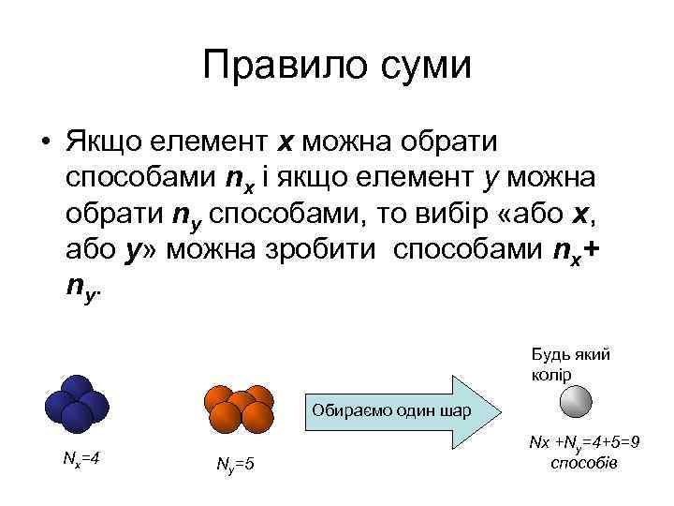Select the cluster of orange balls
click(239, 406)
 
